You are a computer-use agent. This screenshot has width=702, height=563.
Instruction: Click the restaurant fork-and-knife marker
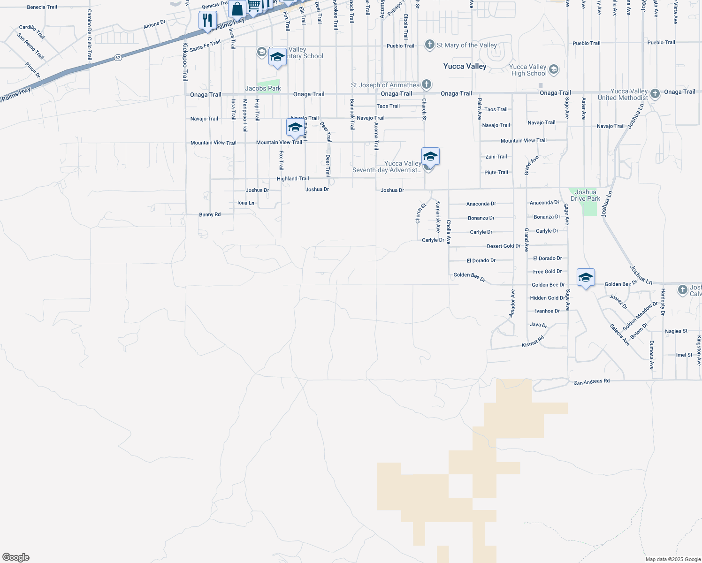tap(207, 21)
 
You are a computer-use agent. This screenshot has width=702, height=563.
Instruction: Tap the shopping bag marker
tap(237, 9)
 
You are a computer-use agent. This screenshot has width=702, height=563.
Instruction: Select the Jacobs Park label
tap(263, 88)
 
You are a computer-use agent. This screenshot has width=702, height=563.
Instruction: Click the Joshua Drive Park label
tap(585, 195)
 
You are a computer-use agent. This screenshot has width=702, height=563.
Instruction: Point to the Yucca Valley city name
tap(465, 66)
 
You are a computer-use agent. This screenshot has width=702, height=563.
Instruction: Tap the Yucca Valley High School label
tap(528, 70)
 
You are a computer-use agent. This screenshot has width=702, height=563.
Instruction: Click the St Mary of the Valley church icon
tap(429, 45)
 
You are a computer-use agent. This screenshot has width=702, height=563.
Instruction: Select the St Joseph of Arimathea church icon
tap(426, 84)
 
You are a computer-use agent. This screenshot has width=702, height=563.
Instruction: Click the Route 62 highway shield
tap(117, 58)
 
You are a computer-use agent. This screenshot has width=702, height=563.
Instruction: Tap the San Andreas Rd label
tap(591, 382)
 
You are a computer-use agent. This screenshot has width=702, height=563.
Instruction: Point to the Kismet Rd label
tap(533, 342)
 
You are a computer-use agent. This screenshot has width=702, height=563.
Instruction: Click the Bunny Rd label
tap(210, 214)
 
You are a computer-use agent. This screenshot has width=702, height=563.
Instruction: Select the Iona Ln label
tap(246, 203)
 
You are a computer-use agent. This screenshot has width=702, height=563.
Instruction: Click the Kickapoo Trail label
tap(185, 62)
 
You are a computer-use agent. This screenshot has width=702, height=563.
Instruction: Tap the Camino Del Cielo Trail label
tap(89, 34)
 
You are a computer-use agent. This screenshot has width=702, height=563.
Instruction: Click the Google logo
tap(16, 557)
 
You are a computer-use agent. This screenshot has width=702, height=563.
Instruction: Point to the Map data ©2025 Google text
tap(673, 559)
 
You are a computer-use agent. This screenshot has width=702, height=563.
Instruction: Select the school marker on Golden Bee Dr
tap(586, 278)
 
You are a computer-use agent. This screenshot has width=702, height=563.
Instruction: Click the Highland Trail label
tap(293, 178)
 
